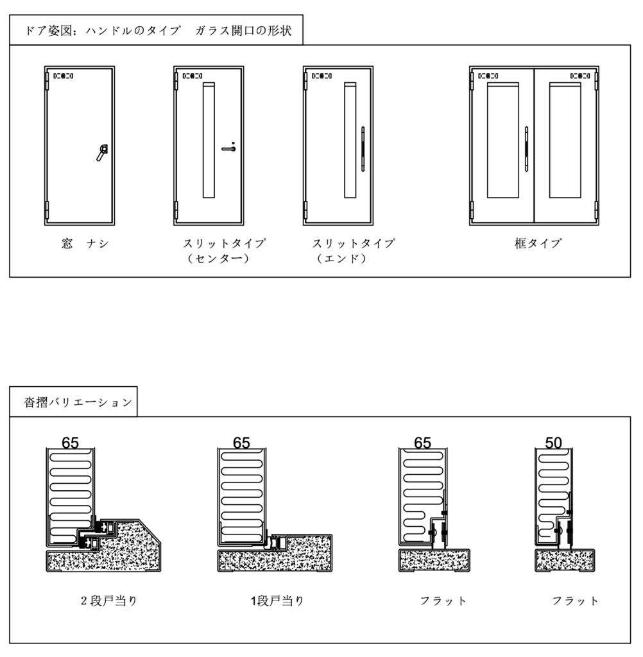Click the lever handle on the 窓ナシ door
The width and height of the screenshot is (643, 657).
(102, 153)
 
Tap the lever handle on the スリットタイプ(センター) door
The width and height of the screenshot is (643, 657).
(229, 148)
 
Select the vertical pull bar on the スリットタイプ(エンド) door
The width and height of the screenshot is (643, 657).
(363, 149)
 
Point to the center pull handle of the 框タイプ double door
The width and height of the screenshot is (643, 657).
(526, 149)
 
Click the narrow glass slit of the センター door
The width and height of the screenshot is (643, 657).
(209, 140)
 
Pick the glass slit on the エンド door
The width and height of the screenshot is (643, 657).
(350, 140)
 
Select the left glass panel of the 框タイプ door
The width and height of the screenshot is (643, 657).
(503, 140)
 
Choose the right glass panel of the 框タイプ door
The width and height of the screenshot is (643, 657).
(565, 140)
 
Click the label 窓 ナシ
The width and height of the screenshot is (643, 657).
(85, 243)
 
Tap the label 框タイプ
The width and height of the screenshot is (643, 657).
(538, 243)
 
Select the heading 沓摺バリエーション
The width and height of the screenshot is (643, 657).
(78, 402)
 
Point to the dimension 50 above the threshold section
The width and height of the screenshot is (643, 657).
(553, 443)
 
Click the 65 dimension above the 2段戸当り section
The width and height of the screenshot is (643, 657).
(71, 443)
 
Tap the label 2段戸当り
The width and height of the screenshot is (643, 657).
(109, 601)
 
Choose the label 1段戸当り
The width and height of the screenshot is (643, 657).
(277, 601)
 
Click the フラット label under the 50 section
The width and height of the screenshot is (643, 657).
(575, 601)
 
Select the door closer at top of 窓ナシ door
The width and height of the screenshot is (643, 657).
(64, 76)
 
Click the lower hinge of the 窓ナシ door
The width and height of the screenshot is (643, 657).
(47, 210)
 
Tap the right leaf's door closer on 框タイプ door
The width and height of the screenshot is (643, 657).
(580, 76)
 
